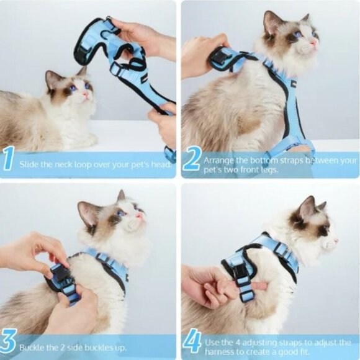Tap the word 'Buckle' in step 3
pyautogui.click(x=32, y=348)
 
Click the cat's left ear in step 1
pyautogui.click(x=52, y=77)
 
